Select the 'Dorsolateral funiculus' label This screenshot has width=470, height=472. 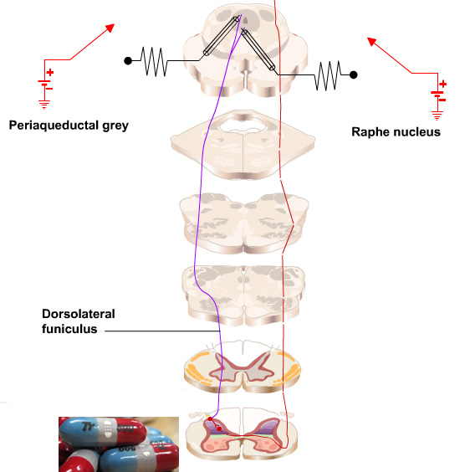click(78, 321)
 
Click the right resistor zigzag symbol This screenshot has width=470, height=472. click(329, 75)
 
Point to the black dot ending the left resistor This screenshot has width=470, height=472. click(127, 60)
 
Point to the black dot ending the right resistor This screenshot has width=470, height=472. click(354, 75)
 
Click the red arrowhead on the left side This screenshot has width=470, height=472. click(109, 28)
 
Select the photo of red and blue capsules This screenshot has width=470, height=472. click(118, 444)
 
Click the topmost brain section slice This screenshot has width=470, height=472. click(243, 50)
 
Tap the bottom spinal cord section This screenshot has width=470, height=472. click(243, 438)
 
